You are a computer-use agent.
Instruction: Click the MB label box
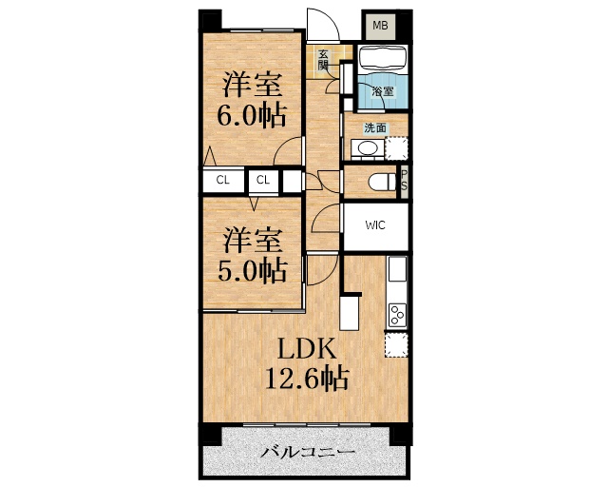point(380,25)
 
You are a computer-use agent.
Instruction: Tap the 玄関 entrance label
point(323,60)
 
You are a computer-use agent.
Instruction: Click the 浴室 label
point(383,92)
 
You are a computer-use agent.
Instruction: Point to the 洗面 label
point(375,127)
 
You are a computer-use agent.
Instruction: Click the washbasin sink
point(365,147)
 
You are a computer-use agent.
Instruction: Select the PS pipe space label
point(404,180)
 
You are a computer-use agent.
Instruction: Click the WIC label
point(375,226)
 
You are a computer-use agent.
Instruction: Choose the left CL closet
point(222,180)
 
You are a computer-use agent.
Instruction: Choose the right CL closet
point(263,180)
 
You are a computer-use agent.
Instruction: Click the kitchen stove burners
point(396,313)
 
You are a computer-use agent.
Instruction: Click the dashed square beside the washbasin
point(396,147)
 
